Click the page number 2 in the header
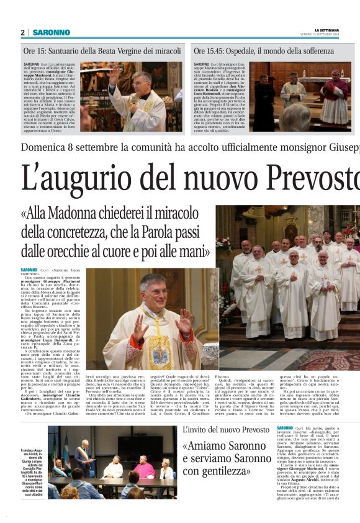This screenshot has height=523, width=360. click(22, 32)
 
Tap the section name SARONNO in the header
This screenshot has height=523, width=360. click(47, 32)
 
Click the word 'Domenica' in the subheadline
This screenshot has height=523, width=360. click(47, 147)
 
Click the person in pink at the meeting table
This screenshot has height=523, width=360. click(145, 467)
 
